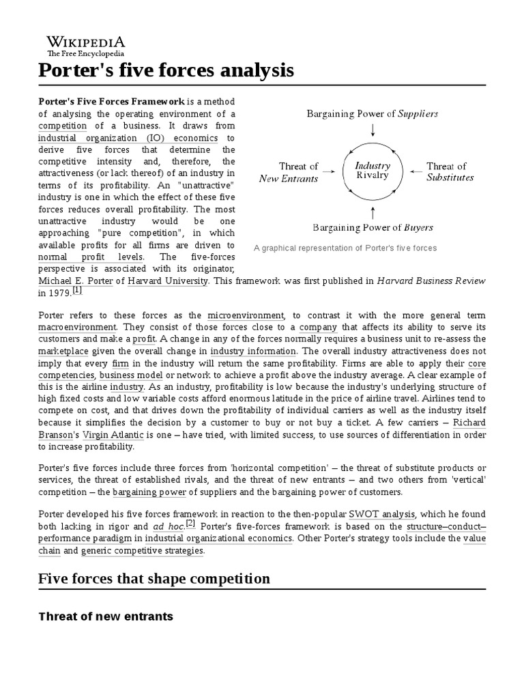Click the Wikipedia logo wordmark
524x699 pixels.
coord(85,42)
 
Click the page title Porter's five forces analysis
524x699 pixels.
coord(166,70)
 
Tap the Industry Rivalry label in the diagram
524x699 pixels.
coord(373,171)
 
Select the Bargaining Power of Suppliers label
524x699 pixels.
coord(373,113)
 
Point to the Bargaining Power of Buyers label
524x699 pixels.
coord(373,227)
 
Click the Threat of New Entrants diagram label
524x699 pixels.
coord(289,172)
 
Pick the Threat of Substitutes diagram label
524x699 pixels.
coord(450,172)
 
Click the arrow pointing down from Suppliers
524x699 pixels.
coord(373,129)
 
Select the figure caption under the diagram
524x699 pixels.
coord(345,248)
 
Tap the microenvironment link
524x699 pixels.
coord(246,315)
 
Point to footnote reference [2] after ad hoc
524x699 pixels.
coord(190,524)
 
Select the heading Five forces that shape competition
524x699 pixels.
coord(154,579)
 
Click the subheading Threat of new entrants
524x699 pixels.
coord(106,616)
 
